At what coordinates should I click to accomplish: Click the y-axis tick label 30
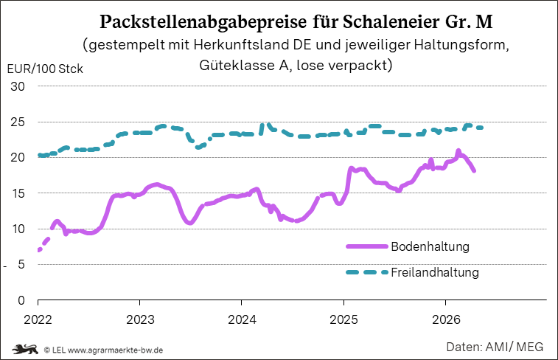[18, 86]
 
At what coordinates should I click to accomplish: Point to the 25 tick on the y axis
[18, 122]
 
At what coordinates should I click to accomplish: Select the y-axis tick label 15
[18, 193]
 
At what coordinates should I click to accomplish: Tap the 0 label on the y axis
[21, 300]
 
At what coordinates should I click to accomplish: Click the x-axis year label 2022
[38, 319]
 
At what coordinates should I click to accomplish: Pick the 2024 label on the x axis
[242, 319]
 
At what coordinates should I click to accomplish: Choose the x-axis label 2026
[446, 319]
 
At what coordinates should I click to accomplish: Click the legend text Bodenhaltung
[430, 246]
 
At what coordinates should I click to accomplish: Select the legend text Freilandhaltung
[435, 272]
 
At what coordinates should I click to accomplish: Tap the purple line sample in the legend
[367, 246]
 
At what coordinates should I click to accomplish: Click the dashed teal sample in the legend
[367, 272]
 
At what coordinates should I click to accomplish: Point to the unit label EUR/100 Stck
[45, 69]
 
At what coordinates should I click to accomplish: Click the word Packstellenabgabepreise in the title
[203, 22]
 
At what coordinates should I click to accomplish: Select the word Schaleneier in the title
[391, 21]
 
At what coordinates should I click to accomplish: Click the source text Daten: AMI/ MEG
[495, 347]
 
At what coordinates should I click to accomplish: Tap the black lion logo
[25, 350]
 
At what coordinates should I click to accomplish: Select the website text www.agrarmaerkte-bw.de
[115, 350]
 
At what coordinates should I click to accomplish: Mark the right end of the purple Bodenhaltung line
[474, 171]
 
